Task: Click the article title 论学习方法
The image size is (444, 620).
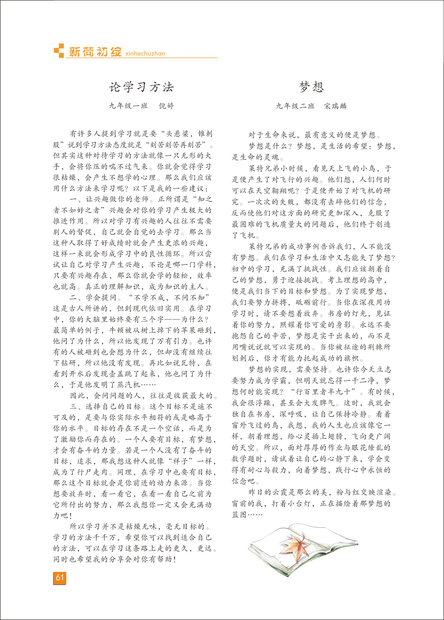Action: pyautogui.click(x=141, y=87)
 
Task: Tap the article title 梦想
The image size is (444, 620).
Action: pyautogui.click(x=311, y=87)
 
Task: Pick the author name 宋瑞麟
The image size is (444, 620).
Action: pyautogui.click(x=335, y=106)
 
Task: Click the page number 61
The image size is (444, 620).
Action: pyautogui.click(x=60, y=577)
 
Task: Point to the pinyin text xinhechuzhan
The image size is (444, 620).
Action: pyautogui.click(x=145, y=53)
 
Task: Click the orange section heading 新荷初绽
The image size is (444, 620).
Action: pyautogui.click(x=95, y=52)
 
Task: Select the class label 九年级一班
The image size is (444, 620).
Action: pyautogui.click(x=128, y=106)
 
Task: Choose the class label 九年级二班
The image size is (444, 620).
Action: pyautogui.click(x=295, y=106)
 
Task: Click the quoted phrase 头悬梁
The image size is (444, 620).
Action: pyautogui.click(x=178, y=134)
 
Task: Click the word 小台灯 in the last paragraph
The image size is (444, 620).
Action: pyautogui.click(x=299, y=503)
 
